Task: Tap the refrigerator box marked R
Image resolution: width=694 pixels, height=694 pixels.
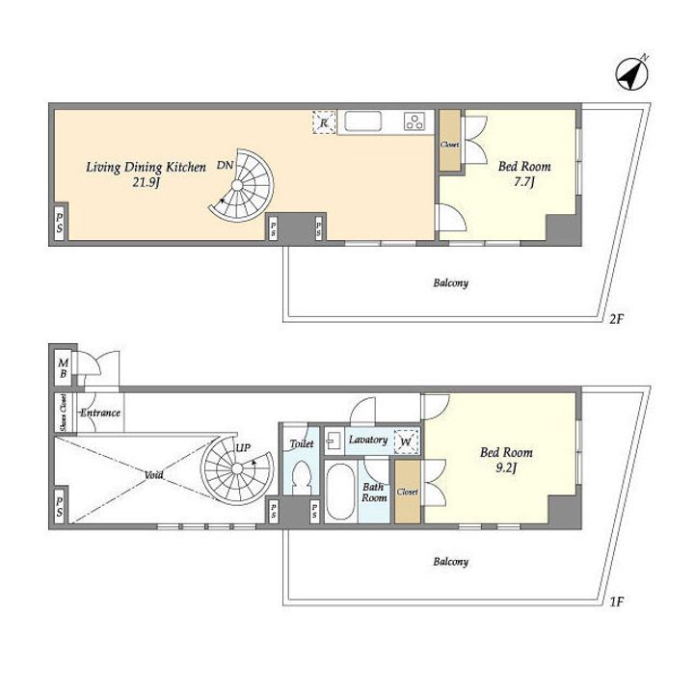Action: pos(324,121)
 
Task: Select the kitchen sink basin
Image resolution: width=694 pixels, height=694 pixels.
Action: pos(363,120)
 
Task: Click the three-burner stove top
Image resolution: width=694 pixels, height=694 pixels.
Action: pos(414,120)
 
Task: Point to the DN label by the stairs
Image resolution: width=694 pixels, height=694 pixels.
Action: pos(225,165)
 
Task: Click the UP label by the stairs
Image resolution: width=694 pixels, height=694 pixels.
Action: pos(243,448)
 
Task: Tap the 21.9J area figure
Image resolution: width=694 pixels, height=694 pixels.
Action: pos(146,182)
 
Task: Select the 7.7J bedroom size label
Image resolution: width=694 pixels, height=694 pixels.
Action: pos(524,181)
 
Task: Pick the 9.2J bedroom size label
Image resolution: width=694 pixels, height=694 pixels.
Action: pos(506,467)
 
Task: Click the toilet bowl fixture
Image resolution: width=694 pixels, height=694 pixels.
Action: pos(302,477)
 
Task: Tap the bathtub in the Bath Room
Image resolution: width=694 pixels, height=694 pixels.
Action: pos(340,492)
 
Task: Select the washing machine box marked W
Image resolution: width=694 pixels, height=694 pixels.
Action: pos(406,440)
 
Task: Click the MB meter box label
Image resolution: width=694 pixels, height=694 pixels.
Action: pos(63,368)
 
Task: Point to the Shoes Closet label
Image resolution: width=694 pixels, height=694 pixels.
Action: pos(64,413)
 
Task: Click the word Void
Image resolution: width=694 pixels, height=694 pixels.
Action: pos(153,475)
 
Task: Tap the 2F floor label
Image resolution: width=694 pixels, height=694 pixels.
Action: pos(616,319)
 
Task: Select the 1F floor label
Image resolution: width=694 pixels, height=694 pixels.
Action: pos(616,601)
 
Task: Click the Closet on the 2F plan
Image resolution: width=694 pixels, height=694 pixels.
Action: pos(450,140)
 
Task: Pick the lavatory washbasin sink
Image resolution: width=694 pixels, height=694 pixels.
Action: pos(332,440)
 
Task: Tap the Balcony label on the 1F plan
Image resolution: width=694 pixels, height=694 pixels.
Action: pos(450,562)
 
